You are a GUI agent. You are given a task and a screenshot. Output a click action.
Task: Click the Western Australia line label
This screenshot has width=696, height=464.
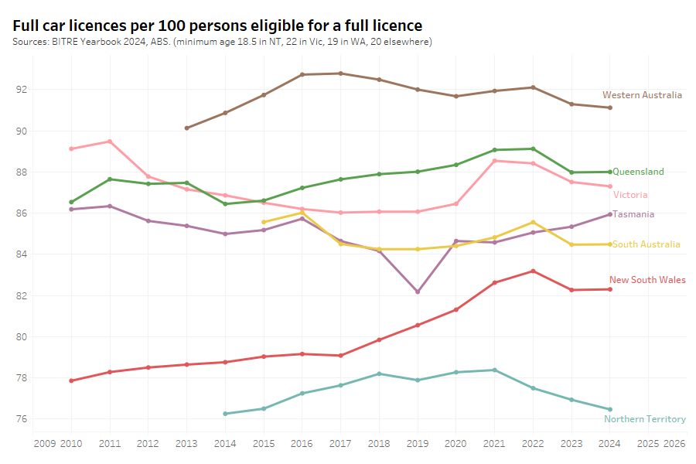point(642,95)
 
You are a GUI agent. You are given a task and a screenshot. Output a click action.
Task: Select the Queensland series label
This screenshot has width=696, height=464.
point(638,172)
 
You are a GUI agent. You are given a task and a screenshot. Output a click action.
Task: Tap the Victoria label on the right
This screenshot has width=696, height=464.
point(630,195)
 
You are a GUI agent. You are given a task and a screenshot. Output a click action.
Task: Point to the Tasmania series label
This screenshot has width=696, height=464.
point(633,214)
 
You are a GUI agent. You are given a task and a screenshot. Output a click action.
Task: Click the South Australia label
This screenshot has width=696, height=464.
point(647,244)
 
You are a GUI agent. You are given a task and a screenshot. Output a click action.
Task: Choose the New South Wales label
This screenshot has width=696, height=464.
point(647,280)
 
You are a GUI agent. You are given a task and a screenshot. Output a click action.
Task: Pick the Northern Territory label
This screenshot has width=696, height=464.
point(644,419)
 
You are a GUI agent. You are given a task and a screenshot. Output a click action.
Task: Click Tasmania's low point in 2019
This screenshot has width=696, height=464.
point(418,292)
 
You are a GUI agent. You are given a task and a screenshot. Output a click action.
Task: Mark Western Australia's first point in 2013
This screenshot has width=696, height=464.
point(186,128)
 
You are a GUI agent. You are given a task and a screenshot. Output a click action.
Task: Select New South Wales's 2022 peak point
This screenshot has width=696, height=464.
point(533,271)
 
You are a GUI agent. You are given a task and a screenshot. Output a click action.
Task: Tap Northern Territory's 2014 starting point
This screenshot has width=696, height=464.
point(225,414)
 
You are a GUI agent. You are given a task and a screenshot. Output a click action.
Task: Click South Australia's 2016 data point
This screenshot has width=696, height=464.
point(302,213)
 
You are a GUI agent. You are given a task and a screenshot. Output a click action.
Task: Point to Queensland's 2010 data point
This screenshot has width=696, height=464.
point(71,202)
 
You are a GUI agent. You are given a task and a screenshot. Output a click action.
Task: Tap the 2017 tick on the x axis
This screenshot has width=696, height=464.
point(340,444)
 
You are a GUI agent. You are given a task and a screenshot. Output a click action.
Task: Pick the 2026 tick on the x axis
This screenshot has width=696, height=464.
point(674,444)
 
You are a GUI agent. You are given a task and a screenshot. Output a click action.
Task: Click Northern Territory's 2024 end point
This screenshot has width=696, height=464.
point(610,409)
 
